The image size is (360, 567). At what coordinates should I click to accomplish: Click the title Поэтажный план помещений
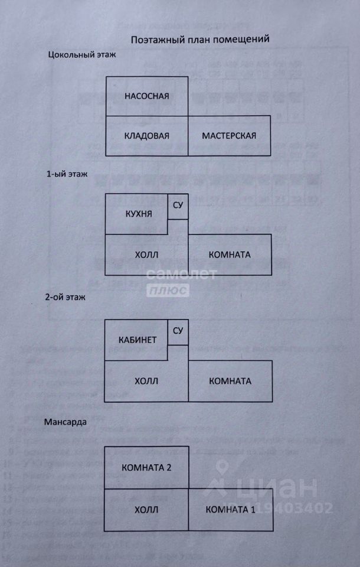point(200,40)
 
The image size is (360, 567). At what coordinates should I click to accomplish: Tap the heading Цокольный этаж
point(83,55)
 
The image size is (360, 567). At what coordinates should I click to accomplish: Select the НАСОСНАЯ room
point(147,96)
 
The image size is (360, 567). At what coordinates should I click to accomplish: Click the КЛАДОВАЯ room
point(147,136)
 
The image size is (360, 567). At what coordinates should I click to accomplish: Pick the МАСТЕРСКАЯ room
point(229,136)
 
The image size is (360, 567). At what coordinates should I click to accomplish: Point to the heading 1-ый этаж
point(67,175)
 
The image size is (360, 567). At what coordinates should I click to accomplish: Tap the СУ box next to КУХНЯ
point(178,206)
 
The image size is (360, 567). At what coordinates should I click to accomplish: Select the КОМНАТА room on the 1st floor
point(230,255)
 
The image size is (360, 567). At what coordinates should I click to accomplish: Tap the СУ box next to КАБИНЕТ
point(178,331)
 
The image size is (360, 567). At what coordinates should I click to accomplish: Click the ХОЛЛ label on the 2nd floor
point(147,381)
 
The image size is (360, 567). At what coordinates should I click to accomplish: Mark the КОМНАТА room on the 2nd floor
point(230,381)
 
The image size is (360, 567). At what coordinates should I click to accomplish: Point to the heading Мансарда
point(66,423)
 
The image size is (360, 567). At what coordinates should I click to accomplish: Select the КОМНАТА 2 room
point(146,468)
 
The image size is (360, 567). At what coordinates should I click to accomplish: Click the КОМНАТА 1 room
point(230,510)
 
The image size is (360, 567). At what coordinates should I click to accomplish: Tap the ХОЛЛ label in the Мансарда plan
point(147,510)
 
